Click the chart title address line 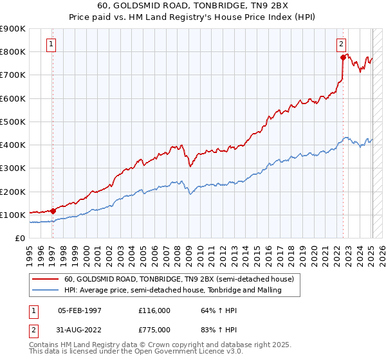click(193, 6)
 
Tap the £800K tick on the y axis click(13, 51)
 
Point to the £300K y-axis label click(13, 168)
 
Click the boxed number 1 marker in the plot click(50, 44)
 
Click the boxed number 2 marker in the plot click(341, 44)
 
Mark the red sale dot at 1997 click(53, 210)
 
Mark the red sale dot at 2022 click(344, 57)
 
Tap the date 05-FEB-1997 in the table click(80, 310)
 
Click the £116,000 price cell click(154, 310)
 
